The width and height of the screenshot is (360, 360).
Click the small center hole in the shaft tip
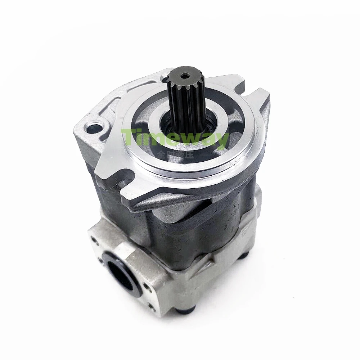[x=185, y=76]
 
